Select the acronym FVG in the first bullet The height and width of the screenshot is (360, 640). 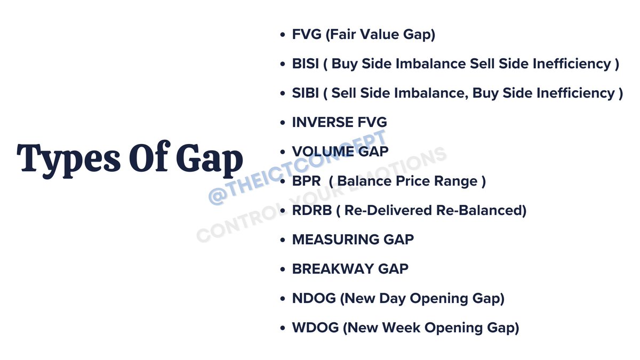(306, 35)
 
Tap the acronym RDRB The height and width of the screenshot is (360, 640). (312, 211)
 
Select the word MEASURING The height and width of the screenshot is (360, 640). (336, 240)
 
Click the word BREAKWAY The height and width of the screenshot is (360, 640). (334, 269)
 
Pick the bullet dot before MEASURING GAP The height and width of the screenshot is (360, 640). (283, 241)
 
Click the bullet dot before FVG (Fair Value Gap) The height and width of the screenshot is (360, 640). (283, 35)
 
